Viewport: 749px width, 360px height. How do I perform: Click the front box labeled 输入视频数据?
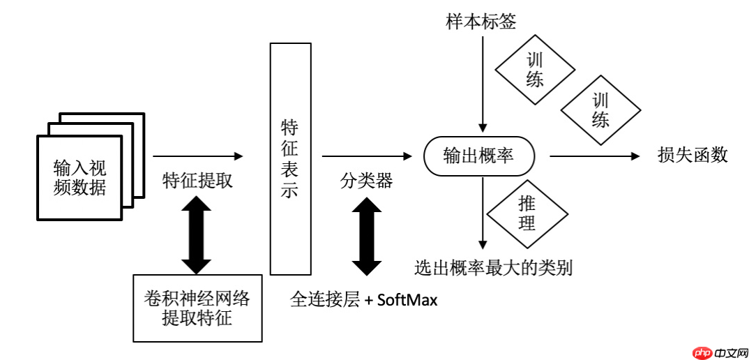79,177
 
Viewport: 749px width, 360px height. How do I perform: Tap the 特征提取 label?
197,181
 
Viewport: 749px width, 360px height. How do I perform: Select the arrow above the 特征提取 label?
198,156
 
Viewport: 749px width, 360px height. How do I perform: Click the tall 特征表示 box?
290,158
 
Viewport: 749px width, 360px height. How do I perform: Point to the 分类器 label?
366,181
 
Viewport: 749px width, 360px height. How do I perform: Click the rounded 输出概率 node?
480,156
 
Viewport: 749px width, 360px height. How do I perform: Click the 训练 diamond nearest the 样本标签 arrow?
535,70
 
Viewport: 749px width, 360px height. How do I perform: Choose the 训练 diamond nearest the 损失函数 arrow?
600,110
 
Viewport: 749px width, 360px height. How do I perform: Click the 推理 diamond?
527,213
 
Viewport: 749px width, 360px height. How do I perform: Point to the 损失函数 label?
693,155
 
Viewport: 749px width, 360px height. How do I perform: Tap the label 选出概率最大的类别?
493,267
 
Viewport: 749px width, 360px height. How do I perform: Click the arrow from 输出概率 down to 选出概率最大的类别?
481,213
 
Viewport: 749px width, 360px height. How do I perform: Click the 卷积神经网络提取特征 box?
197,308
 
